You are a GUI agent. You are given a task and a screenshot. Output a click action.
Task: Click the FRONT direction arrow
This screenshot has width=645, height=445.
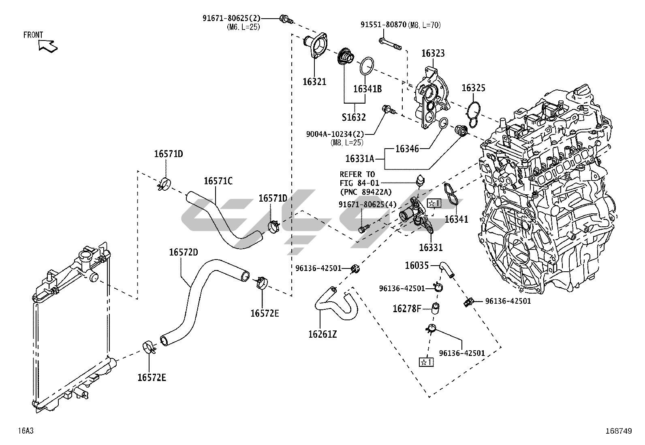pos(48,46)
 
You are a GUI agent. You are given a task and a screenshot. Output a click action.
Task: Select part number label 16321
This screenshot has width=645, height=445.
pos(314,82)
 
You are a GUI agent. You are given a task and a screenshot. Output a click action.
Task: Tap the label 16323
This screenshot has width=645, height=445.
pos(433,53)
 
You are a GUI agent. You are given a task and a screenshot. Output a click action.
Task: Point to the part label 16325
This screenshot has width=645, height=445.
pos(473,88)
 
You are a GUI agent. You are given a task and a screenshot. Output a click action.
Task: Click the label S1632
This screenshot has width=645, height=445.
pos(353,117)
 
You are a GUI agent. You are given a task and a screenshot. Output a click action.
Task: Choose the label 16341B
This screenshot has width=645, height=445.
pos(367,89)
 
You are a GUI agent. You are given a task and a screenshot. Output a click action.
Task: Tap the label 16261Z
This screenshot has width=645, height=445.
pos(322,334)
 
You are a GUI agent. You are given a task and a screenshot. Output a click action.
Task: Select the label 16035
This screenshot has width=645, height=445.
pos(416,265)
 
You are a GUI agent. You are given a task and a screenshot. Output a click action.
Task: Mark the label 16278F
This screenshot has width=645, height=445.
pos(407,309)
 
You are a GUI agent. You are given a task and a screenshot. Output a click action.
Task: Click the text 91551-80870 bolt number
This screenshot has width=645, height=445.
pos(383,25)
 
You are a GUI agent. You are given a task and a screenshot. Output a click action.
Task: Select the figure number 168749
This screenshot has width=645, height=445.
pos(618,431)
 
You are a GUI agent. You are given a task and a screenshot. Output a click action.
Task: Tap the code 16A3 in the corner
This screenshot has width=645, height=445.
pos(26,431)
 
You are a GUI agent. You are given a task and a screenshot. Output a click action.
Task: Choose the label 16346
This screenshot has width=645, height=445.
pos(407,149)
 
